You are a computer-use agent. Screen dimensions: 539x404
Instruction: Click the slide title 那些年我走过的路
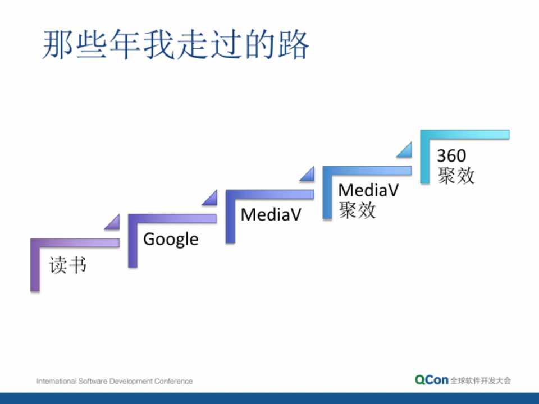176,45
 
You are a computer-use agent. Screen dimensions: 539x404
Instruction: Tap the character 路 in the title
293,45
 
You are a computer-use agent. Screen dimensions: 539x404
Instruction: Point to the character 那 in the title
57,45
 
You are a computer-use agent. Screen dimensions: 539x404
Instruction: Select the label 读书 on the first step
68,265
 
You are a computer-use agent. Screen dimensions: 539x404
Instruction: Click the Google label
171,239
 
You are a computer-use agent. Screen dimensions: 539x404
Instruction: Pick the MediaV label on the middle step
271,215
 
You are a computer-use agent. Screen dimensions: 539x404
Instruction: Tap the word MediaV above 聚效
368,190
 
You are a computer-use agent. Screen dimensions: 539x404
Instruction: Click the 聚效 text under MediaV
357,210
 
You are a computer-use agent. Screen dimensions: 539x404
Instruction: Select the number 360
451,155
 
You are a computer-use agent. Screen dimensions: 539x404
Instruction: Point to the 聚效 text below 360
456,176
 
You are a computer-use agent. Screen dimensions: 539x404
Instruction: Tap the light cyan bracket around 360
425,157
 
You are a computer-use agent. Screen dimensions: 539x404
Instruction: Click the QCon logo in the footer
431,380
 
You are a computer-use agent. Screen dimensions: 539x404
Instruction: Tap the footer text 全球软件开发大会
481,380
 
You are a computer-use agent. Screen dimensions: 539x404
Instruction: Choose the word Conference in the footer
173,381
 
